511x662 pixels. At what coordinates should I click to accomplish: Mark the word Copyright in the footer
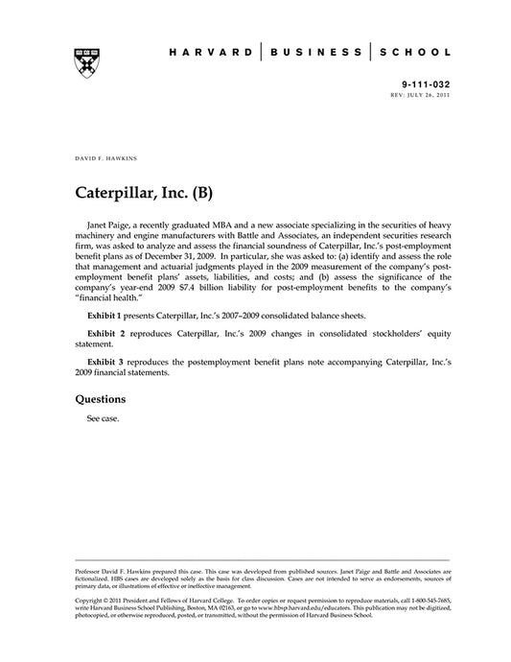click(x=91, y=598)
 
